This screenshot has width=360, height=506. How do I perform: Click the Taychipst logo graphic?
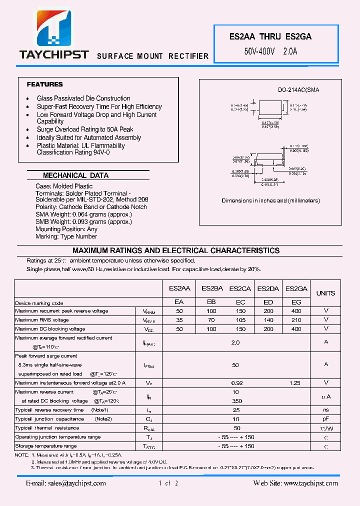click(x=54, y=30)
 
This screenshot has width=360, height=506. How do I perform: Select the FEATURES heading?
click(x=45, y=84)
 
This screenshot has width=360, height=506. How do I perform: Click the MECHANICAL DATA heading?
click(x=75, y=175)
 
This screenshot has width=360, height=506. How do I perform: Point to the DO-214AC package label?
click(x=298, y=90)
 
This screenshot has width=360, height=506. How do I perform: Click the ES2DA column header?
click(x=268, y=288)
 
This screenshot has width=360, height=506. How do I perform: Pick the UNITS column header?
click(x=326, y=293)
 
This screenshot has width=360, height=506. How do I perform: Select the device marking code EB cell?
click(x=211, y=302)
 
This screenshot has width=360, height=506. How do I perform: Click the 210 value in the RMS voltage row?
click(x=296, y=320)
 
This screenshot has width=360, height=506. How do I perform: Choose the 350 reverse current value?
click(x=237, y=401)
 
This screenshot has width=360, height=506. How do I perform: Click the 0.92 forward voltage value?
click(x=237, y=383)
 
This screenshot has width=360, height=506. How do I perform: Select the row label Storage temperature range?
click(x=46, y=446)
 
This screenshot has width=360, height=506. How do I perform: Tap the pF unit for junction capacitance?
click(x=326, y=419)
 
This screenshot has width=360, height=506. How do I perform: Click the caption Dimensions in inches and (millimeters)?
click(x=270, y=200)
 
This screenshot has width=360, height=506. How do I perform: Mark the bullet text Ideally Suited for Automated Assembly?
click(x=89, y=137)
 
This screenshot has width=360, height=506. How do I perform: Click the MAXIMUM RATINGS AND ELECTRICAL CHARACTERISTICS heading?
click(x=176, y=250)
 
